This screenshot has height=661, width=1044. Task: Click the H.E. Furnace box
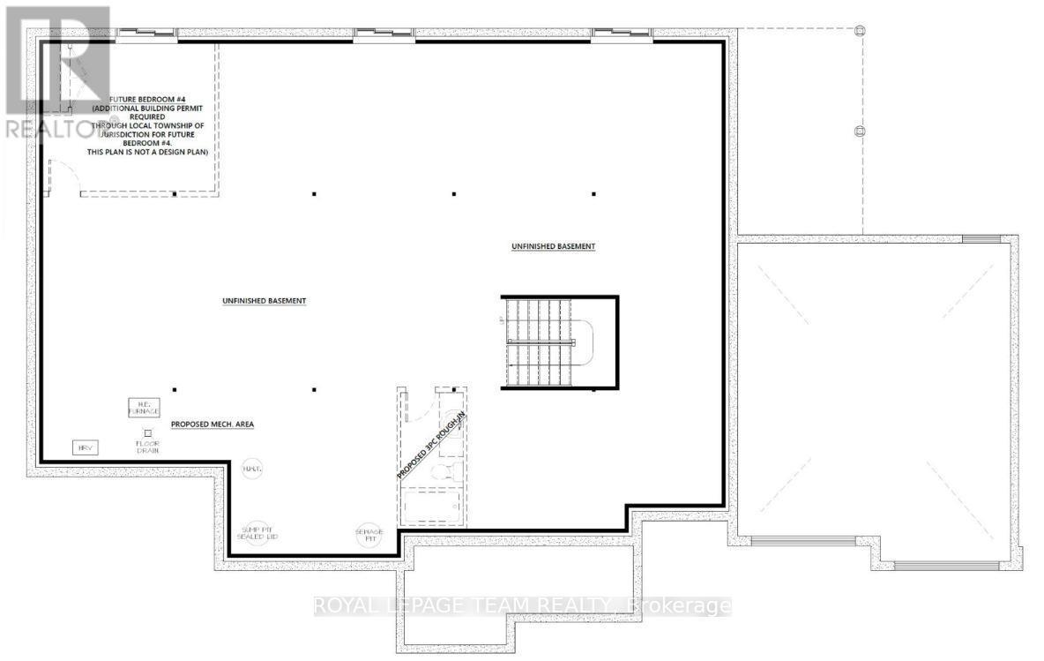click(x=142, y=407)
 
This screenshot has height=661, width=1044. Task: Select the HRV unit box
click(x=86, y=447)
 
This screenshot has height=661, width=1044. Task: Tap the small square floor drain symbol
click(x=147, y=432)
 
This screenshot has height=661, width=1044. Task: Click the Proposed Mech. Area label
click(x=213, y=424)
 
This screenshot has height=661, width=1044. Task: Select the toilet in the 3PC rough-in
click(x=451, y=469)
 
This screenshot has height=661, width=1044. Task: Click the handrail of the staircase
click(x=541, y=343)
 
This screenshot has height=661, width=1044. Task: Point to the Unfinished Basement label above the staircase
click(x=553, y=246)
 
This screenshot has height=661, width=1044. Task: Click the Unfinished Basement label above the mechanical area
click(x=264, y=301)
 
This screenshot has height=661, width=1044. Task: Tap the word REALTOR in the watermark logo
click(x=53, y=129)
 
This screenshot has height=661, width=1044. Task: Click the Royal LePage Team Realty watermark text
click(x=522, y=606)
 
